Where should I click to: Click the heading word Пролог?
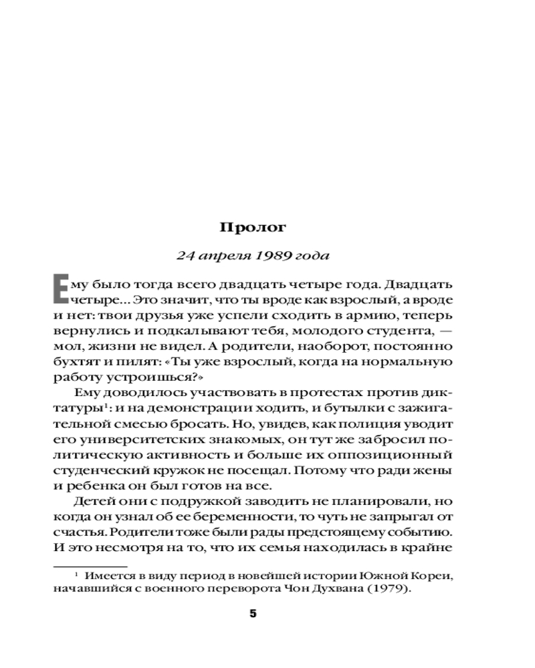(253, 227)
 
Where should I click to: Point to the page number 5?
(253, 614)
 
